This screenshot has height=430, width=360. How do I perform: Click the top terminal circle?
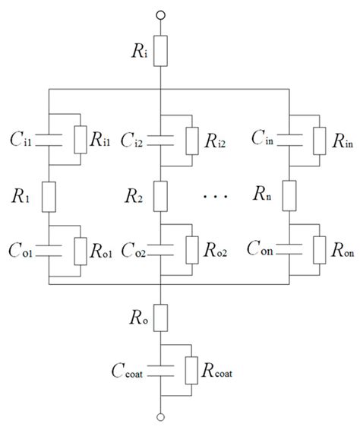tap(160, 14)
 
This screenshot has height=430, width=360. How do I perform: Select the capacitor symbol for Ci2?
tap(160, 139)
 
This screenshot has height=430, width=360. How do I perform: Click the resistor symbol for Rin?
tap(311, 139)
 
